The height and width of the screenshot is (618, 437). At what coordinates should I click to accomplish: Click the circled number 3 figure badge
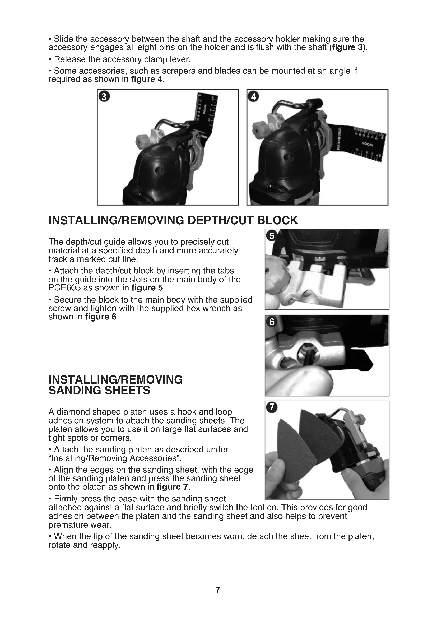(x=104, y=97)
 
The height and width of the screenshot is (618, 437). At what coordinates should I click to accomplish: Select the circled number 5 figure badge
(x=272, y=236)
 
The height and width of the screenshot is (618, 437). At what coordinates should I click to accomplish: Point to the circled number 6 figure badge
(x=272, y=322)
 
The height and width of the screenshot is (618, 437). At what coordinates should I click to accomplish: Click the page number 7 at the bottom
(x=218, y=590)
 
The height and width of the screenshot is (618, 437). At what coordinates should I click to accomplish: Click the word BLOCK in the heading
(x=277, y=220)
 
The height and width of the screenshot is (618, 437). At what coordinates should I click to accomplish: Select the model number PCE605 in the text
(x=64, y=288)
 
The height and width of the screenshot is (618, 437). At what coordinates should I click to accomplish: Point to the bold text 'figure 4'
(x=147, y=80)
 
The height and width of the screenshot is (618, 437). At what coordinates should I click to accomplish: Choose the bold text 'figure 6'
(x=101, y=317)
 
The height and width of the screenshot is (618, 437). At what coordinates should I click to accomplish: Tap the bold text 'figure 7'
(x=172, y=487)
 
